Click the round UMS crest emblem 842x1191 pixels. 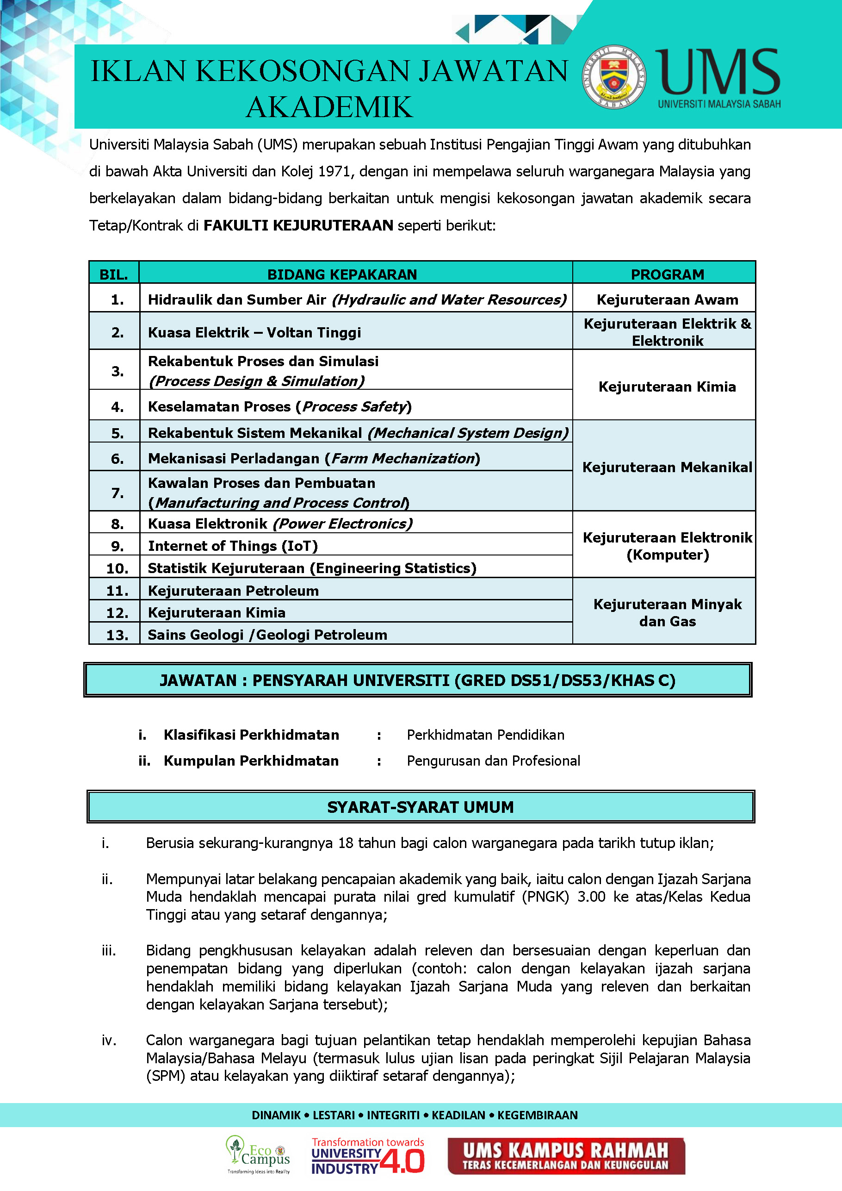pos(614,77)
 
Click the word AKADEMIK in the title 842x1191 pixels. pos(329,107)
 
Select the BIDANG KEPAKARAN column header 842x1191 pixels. pos(342,274)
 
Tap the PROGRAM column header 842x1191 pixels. pos(667,274)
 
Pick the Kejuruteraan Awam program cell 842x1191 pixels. pos(667,300)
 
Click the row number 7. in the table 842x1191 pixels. pos(118,493)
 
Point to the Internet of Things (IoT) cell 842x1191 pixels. pos(233,546)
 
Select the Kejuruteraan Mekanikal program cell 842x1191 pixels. pos(667,468)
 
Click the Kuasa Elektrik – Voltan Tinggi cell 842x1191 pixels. pos(254,332)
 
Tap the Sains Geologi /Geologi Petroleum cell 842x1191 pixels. pos(267,635)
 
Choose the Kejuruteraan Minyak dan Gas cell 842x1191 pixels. pos(667,612)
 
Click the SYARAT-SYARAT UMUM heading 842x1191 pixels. pos(421,807)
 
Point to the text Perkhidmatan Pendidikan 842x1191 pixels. pos(485,735)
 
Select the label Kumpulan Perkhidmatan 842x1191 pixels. pos(251,761)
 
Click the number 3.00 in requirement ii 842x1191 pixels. pos(591,897)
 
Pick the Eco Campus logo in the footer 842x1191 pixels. pos(258,1155)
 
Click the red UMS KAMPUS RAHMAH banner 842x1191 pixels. pos(566,1156)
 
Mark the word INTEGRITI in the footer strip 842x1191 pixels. pos(393,1115)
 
